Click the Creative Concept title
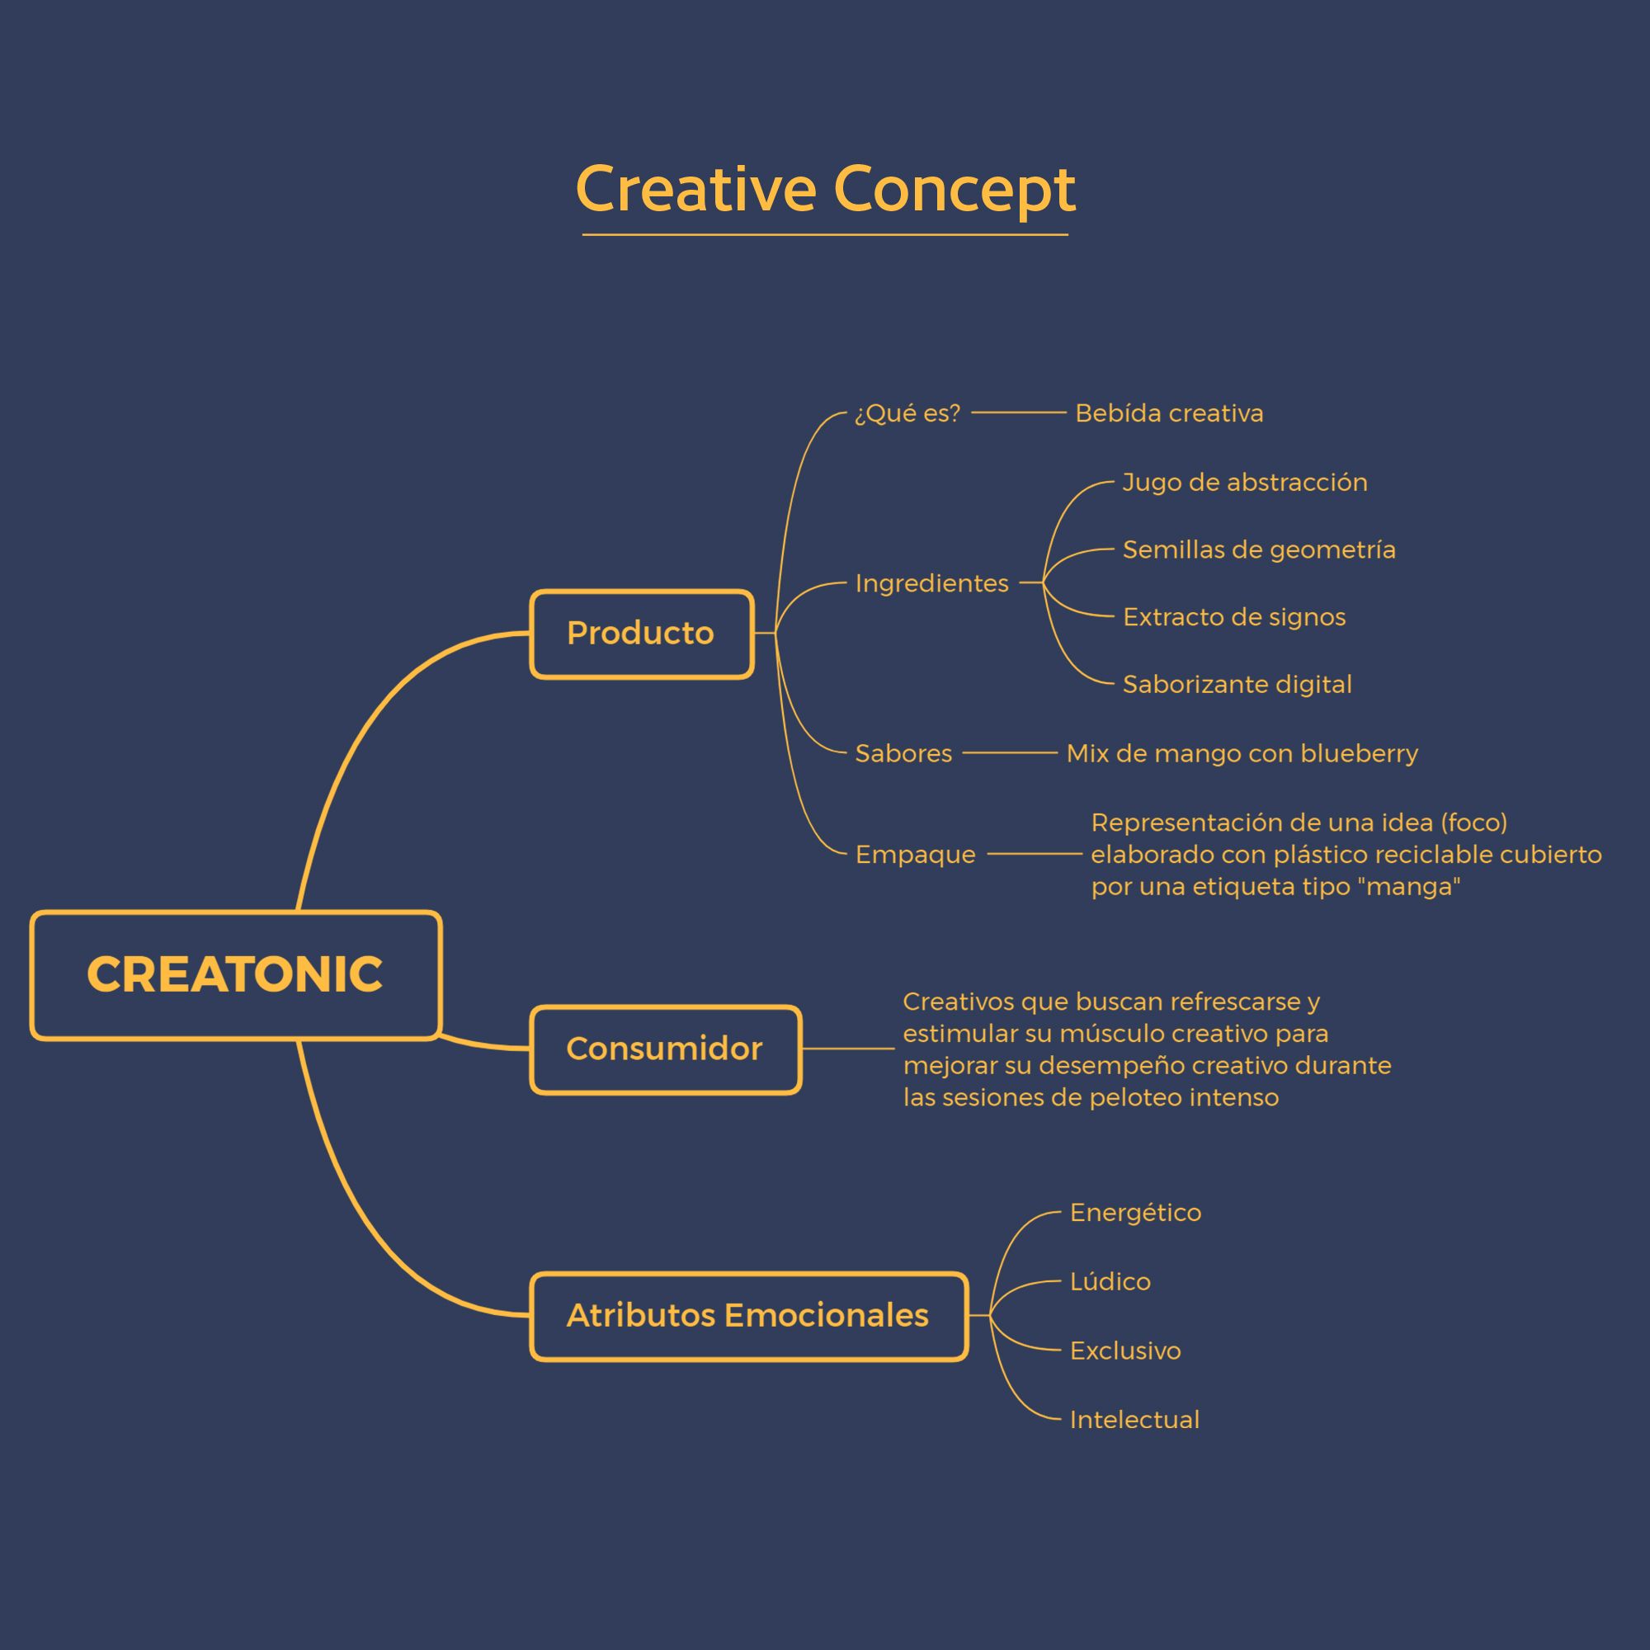tap(825, 189)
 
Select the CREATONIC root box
tap(236, 975)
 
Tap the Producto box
tap(641, 634)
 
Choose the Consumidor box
tap(665, 1049)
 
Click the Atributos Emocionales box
tap(749, 1316)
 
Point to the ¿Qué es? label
tap(907, 413)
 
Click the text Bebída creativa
tap(1169, 413)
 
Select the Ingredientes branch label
tap(931, 583)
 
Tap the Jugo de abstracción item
tap(1244, 483)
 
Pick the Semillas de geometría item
tap(1259, 549)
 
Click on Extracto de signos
tap(1234, 616)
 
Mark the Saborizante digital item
tap(1237, 684)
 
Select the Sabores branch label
tap(903, 753)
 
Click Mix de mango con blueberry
tap(1242, 753)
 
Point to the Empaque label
tap(916, 854)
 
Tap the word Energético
tap(1135, 1213)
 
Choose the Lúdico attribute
tap(1110, 1281)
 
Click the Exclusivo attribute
tap(1124, 1351)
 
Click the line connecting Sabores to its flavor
tap(1011, 753)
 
